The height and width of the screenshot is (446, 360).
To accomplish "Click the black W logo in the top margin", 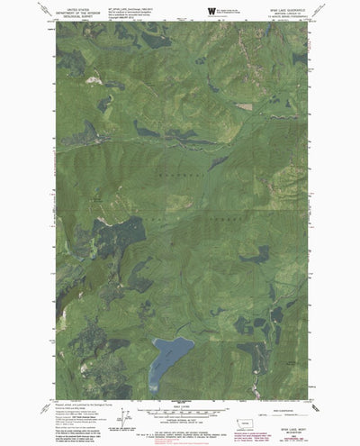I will coord(211,11).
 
